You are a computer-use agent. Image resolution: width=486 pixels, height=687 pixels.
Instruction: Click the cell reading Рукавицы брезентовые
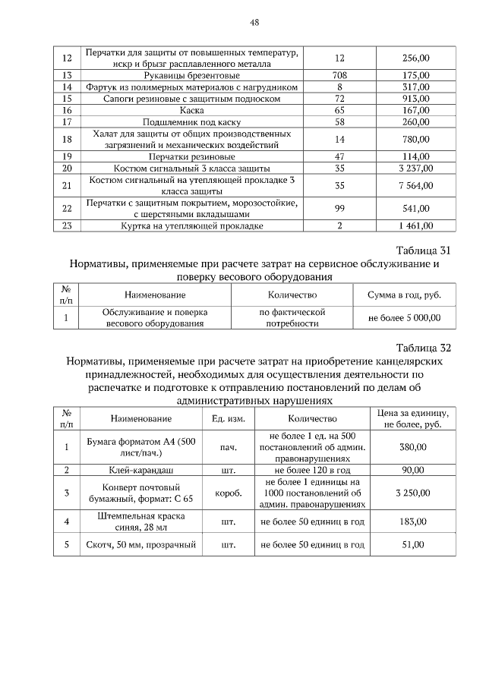coord(192,75)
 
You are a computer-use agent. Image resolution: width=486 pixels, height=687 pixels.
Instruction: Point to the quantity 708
coord(339,75)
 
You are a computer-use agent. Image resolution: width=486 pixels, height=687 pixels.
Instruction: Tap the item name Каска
coord(192,110)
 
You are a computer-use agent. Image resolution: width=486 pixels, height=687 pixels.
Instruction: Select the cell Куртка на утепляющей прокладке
coord(192,225)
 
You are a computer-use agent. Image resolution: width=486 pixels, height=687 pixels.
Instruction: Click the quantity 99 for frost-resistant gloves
coord(339,208)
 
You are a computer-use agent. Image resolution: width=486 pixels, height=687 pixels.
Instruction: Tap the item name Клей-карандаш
coord(141,470)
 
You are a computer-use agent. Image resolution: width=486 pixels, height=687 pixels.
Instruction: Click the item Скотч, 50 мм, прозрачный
coord(141,545)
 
